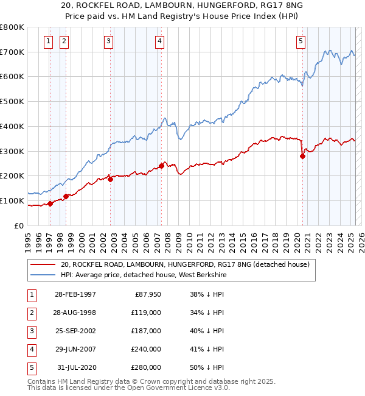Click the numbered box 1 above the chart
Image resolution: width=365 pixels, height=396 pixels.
47,41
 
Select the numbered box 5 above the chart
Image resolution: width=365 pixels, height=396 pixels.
301,41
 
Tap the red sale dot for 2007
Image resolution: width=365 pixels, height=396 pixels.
161,166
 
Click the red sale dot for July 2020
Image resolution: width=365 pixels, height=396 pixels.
302,156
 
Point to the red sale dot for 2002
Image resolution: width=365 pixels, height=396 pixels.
110,179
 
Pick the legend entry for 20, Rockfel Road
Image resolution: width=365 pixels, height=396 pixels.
185,264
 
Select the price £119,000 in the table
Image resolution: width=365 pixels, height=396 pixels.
146,313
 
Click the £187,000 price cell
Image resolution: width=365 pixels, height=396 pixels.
146,331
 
